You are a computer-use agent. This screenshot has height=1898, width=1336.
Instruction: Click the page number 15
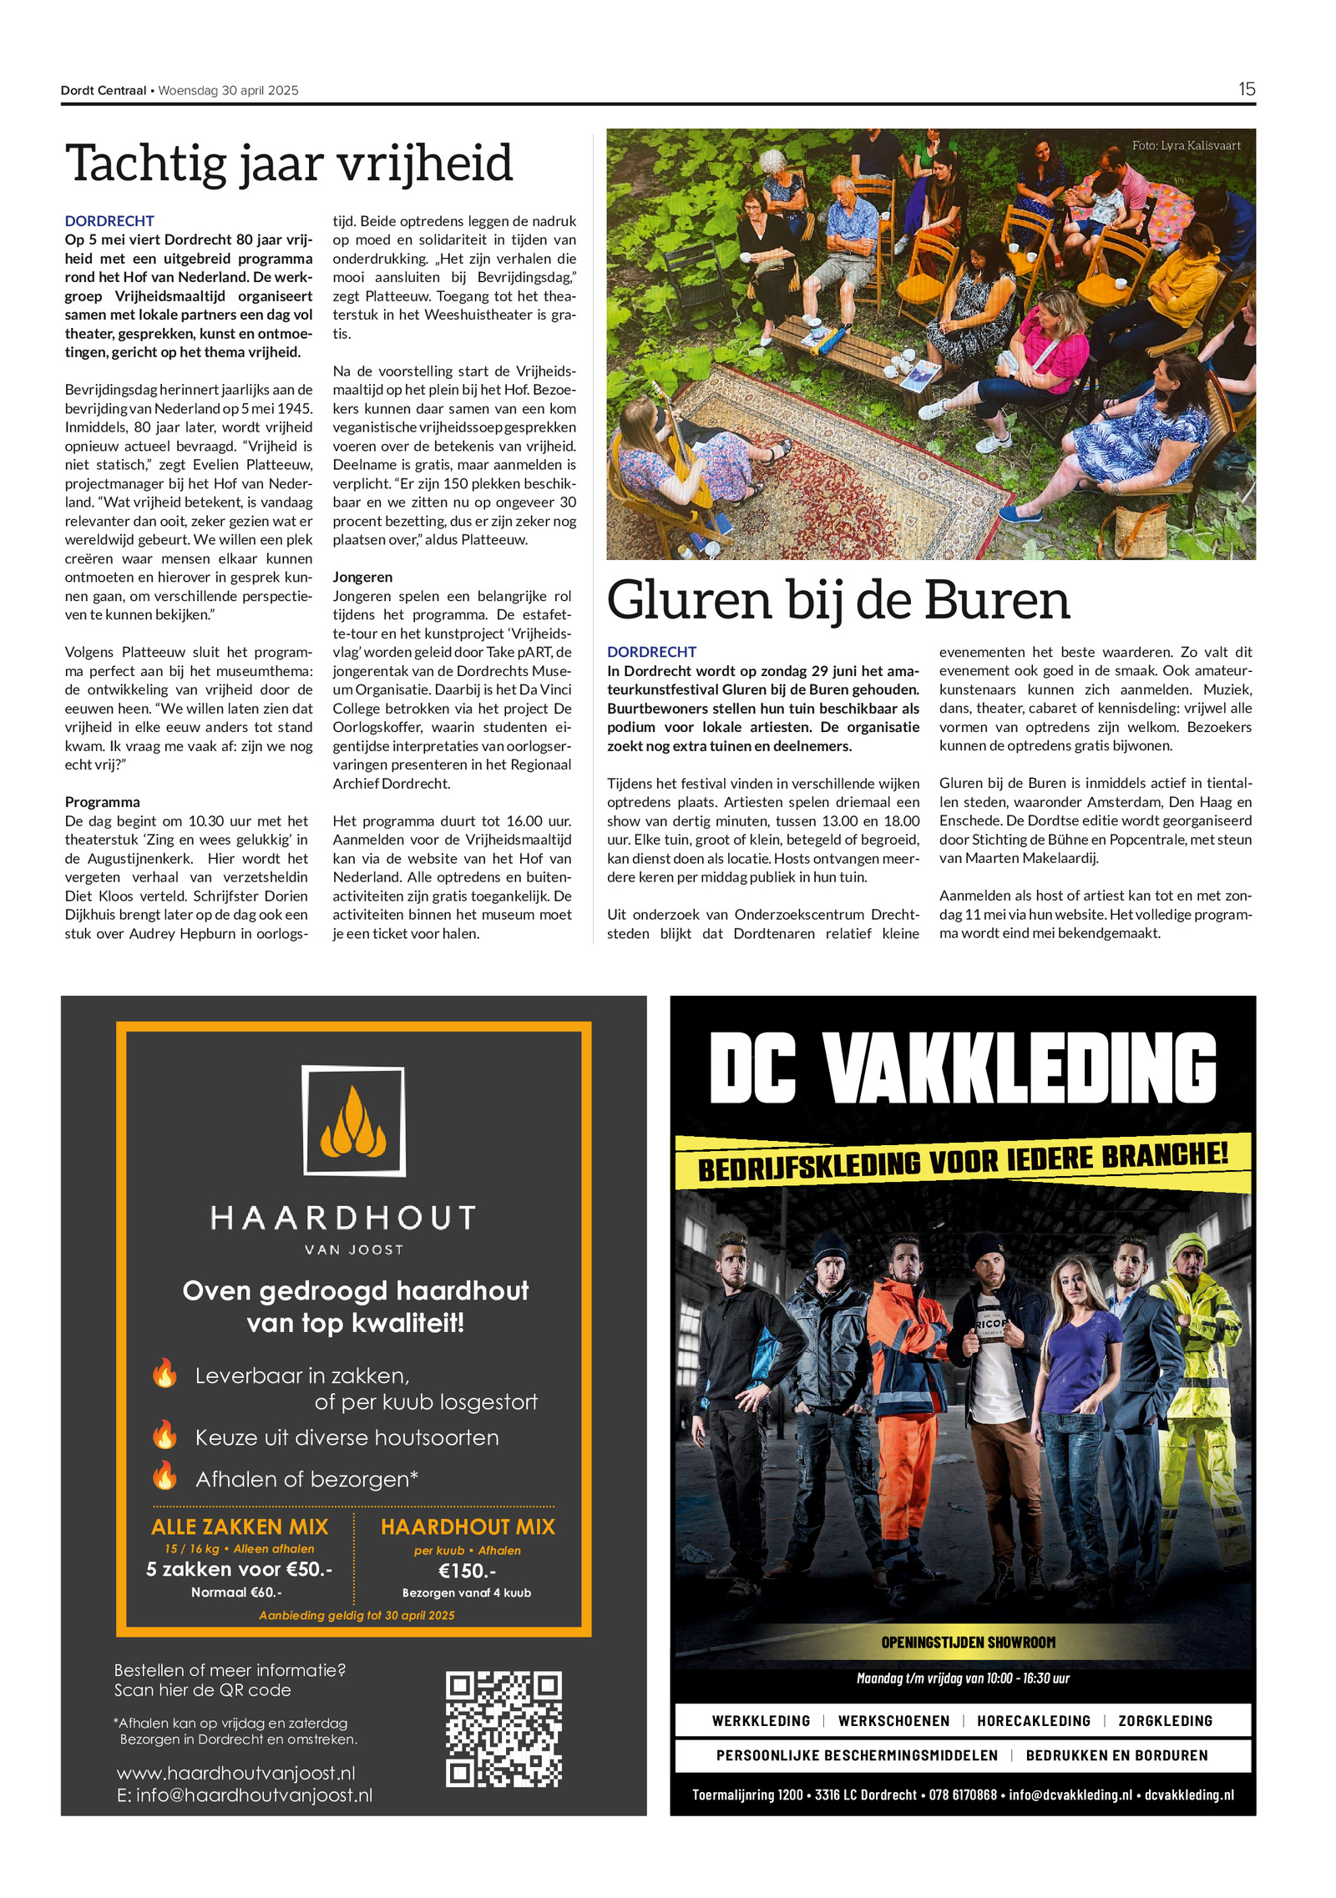click(1246, 89)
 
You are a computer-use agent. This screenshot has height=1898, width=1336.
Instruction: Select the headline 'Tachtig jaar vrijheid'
click(289, 163)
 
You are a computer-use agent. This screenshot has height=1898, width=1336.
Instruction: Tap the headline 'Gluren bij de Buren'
click(838, 600)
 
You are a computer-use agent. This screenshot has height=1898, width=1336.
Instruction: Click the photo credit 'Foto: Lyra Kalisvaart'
click(1186, 145)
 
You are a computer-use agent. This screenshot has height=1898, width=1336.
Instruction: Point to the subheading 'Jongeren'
click(362, 577)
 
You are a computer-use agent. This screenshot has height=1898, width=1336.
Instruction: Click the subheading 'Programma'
click(103, 802)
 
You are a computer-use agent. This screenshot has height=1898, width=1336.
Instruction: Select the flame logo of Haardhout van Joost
click(353, 1121)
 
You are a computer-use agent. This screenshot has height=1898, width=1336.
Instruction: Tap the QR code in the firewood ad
click(503, 1729)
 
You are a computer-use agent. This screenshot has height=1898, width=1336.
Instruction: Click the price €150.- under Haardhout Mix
click(467, 1571)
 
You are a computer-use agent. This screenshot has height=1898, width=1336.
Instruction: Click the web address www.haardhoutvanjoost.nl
click(236, 1773)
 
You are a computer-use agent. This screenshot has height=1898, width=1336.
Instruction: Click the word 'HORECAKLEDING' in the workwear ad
click(1033, 1721)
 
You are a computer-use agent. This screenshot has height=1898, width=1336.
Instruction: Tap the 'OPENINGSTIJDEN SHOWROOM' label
click(968, 1643)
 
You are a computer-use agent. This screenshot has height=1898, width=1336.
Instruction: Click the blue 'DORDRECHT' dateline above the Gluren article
click(651, 652)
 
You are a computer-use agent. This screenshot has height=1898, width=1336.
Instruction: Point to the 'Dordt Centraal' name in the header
click(104, 90)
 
